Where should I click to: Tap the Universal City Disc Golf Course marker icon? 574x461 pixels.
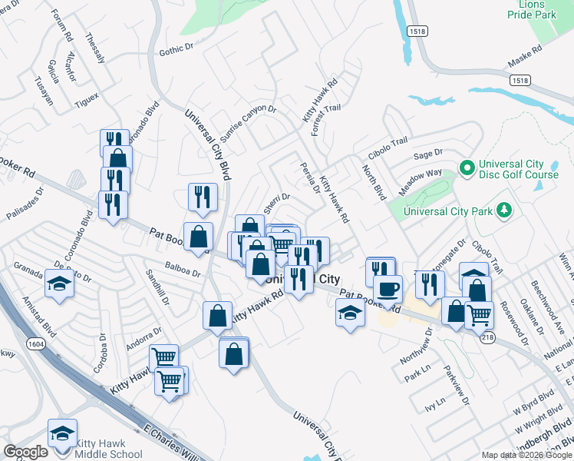(465, 167)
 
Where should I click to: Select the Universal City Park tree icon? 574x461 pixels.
(503, 209)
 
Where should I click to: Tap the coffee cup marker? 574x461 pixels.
(388, 289)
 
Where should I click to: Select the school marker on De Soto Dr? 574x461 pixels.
(59, 282)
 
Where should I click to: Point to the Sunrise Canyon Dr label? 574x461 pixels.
(247, 119)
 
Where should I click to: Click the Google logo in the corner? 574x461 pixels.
(25, 451)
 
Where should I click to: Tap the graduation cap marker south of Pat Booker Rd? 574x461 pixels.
(350, 312)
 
